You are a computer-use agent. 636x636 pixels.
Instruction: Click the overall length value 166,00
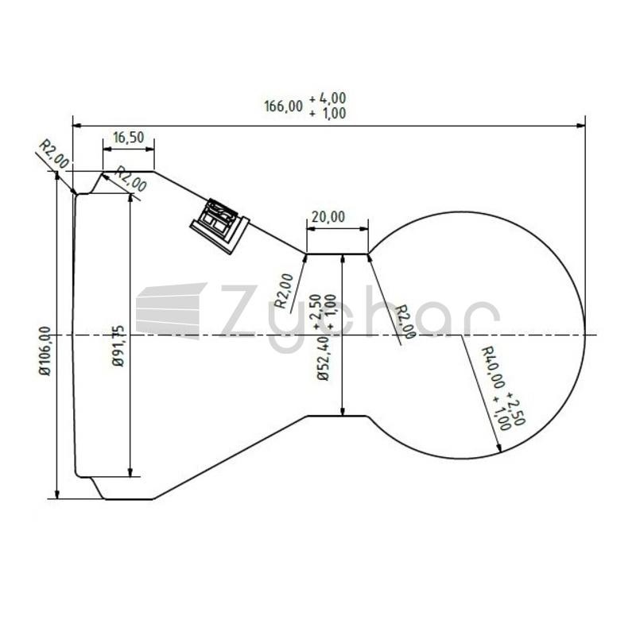[x=284, y=107]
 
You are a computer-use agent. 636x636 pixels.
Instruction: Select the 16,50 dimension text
[x=129, y=138]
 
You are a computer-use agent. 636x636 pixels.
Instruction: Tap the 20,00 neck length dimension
[x=328, y=217]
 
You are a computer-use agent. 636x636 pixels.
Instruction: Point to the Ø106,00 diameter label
[x=45, y=351]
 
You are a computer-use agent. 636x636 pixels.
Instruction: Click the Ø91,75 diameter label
[x=118, y=346]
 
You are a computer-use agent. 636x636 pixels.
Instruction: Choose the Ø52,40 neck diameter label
[x=324, y=360]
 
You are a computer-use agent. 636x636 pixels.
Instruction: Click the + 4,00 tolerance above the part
[x=328, y=98]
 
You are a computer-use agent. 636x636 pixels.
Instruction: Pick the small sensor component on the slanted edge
[x=220, y=226]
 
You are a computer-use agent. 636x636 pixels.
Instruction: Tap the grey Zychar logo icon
[x=171, y=310]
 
